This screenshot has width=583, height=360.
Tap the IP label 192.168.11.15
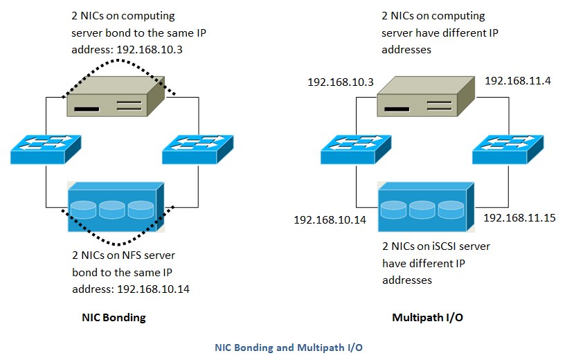click(x=519, y=217)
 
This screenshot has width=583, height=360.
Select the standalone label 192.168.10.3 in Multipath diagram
click(x=341, y=82)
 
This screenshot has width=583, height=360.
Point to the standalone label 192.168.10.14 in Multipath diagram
click(x=330, y=219)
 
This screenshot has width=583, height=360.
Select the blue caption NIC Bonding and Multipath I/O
click(x=288, y=348)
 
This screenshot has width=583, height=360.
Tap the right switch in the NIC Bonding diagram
click(x=197, y=149)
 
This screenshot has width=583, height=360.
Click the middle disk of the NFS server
click(x=115, y=208)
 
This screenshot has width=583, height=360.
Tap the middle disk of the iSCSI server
click(x=425, y=208)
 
